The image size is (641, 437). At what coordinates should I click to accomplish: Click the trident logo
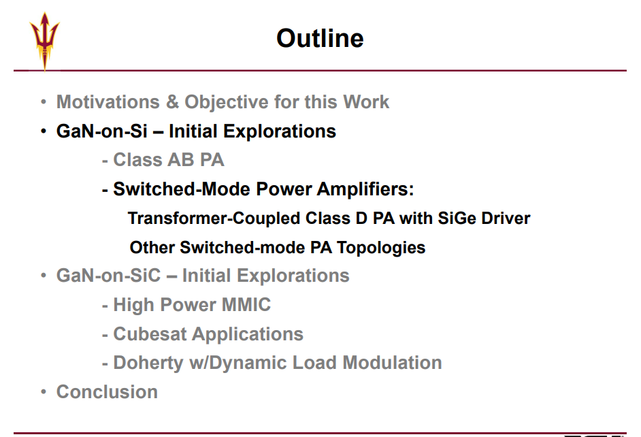point(44,41)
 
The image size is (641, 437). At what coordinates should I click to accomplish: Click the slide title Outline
point(320,38)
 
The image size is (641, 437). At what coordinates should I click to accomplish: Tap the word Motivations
point(108,102)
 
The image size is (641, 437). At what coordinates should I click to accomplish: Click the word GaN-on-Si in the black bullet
point(102,131)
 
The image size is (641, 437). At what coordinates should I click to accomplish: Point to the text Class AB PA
point(169,160)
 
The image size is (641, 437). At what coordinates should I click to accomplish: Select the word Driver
point(506,218)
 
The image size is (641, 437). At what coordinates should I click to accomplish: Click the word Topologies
point(381,248)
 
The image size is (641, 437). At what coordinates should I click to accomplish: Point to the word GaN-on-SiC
point(109,276)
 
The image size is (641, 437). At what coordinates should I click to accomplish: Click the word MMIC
point(246,305)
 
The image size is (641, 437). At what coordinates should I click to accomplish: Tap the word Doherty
point(148,363)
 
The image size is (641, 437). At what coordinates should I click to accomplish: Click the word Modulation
point(392,363)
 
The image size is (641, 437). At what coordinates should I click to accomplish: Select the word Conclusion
point(107,391)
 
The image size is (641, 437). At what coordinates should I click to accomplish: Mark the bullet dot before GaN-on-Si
point(44,131)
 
